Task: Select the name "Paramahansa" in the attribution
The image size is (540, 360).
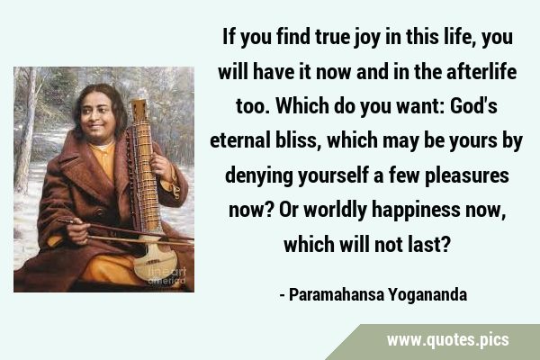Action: (x=337, y=295)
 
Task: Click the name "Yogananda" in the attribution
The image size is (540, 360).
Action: (x=427, y=295)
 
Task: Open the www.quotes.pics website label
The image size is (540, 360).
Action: (x=447, y=339)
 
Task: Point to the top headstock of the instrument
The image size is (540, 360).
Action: (x=139, y=110)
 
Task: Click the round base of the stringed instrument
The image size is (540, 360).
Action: (x=156, y=261)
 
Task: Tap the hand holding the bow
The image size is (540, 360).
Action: (x=77, y=230)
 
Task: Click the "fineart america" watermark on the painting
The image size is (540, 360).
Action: (x=167, y=275)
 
